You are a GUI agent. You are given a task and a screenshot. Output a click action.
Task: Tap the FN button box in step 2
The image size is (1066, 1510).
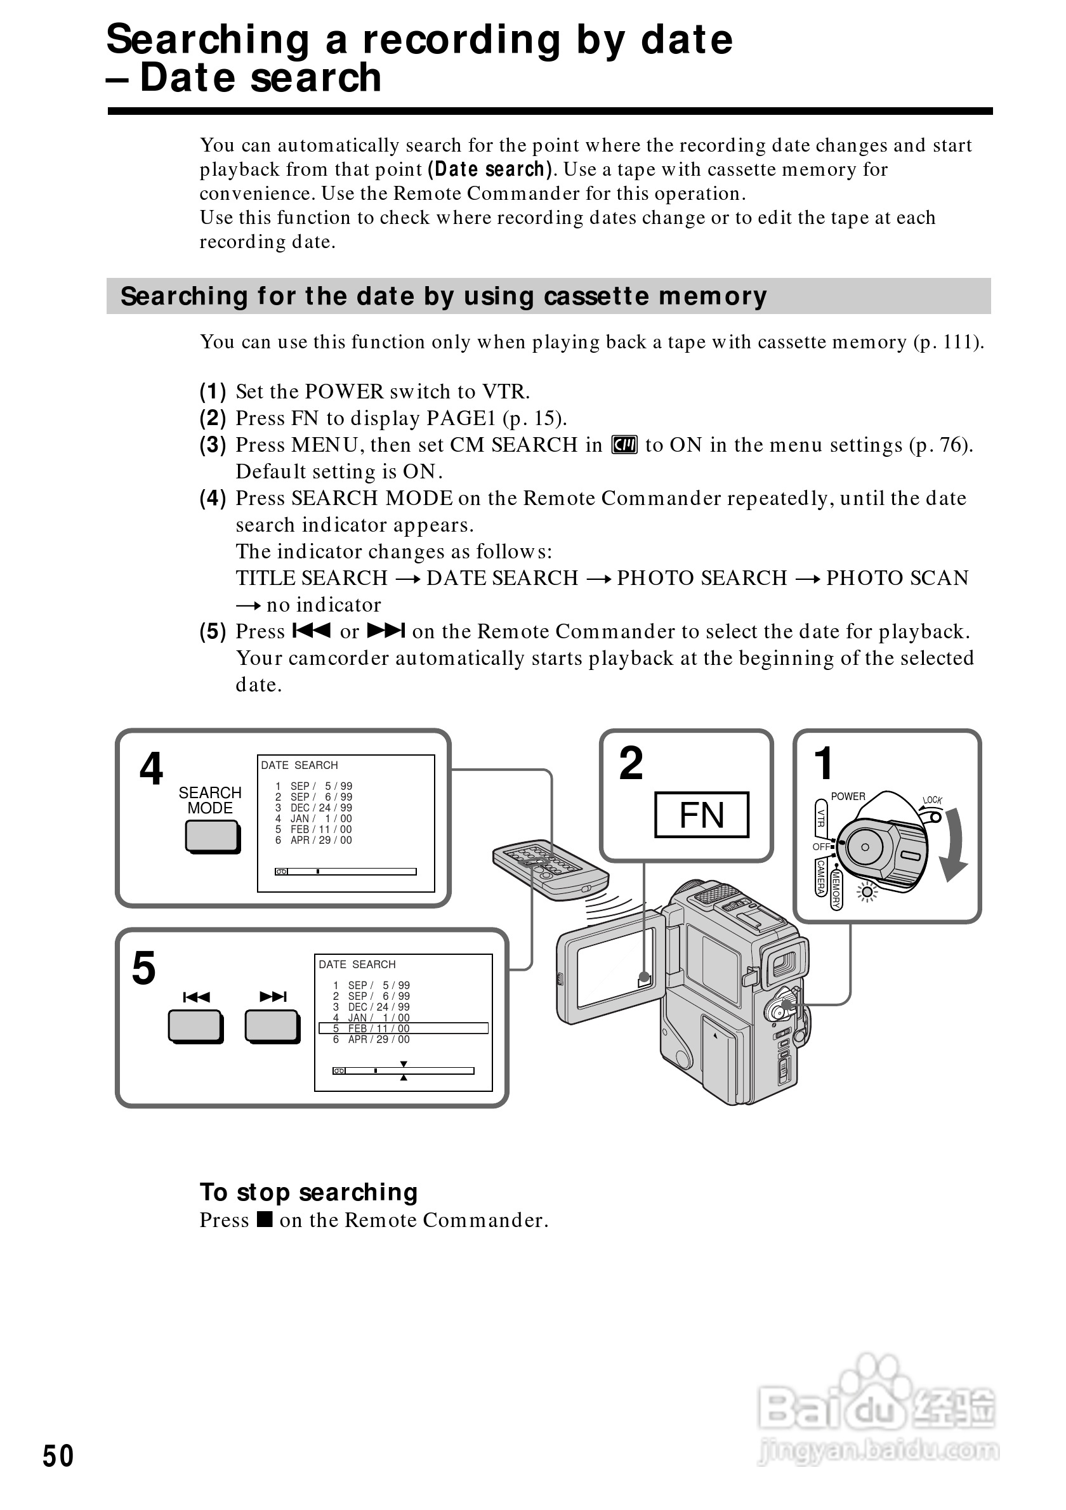[701, 815]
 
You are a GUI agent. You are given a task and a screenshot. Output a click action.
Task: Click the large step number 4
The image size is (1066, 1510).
[151, 769]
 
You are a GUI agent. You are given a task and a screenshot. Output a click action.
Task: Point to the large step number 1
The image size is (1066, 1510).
[824, 763]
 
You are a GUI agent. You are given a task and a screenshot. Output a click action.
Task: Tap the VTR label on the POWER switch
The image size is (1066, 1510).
[820, 817]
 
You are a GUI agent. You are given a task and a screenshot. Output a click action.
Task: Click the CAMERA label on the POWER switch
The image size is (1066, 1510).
[820, 877]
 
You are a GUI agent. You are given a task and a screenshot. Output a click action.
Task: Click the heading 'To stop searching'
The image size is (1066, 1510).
[308, 1192]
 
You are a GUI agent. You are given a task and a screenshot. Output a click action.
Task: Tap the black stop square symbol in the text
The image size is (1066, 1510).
[265, 1219]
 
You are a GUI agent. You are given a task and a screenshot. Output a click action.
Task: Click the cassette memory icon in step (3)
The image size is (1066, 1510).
[624, 445]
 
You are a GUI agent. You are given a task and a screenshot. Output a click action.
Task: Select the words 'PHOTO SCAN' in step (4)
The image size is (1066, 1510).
[897, 578]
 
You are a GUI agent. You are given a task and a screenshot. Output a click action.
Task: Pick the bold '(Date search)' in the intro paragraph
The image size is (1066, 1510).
[490, 169]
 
